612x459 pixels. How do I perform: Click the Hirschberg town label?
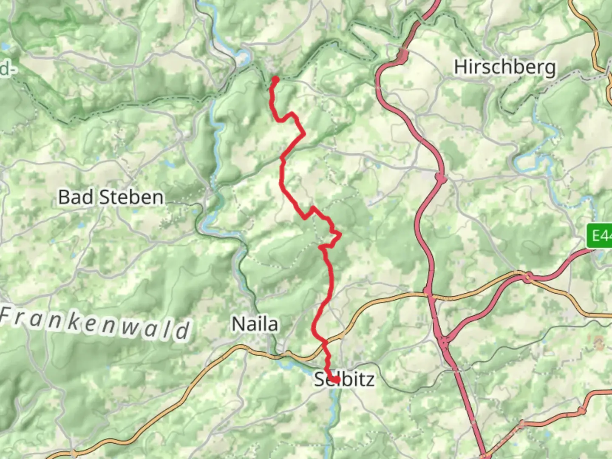504,67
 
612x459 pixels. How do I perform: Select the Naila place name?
255,324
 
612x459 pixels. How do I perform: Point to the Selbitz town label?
344,379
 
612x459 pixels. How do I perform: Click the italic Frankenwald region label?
95,324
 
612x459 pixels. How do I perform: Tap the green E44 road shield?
600,236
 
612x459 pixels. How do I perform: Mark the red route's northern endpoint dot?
275,79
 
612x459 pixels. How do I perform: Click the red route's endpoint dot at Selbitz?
336,380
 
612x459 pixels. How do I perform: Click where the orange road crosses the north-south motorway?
428,292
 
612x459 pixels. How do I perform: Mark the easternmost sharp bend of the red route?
340,234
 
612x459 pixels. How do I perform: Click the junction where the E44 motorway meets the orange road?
528,277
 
